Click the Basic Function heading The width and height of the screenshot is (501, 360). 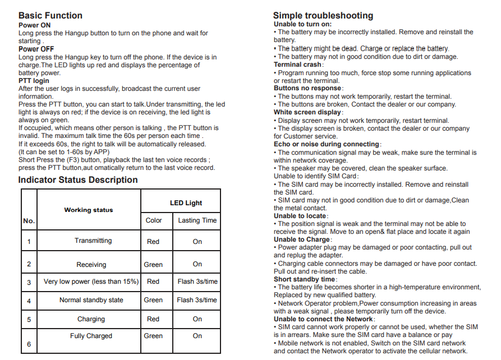(50, 16)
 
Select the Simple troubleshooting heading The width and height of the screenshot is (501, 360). (323, 16)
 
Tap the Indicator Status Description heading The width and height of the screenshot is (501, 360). (78, 180)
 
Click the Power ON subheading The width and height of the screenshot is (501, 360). (34, 25)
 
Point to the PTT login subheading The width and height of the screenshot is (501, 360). (34, 81)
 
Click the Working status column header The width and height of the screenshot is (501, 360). (89, 210)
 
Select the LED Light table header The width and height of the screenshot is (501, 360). (186, 203)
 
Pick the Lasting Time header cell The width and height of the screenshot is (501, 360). (197, 220)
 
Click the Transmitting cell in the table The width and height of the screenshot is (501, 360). (93, 241)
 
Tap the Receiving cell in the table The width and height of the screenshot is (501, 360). (91, 265)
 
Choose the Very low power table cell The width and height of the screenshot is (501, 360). (91, 281)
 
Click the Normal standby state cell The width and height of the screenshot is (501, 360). (91, 300)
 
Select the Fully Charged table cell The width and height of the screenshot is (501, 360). (91, 336)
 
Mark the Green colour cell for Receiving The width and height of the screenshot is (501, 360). (153, 265)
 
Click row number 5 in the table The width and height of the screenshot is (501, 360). (29, 320)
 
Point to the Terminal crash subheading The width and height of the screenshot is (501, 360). (298, 64)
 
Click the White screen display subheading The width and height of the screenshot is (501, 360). (307, 112)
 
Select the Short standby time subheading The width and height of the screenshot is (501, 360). (305, 279)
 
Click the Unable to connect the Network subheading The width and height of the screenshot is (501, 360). (324, 319)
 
